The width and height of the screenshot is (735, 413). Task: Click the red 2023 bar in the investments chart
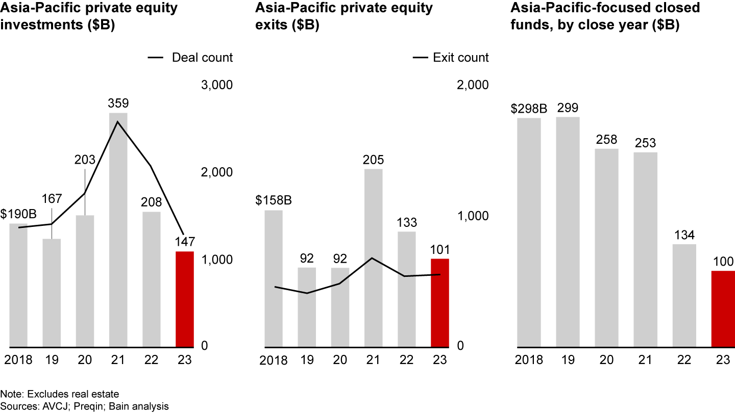pos(184,299)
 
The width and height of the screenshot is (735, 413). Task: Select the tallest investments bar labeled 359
pos(118,229)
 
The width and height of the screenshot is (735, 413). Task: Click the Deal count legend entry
pos(202,58)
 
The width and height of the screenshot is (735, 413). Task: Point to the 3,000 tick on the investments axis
pos(216,85)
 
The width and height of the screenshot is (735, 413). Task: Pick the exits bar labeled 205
pos(373,257)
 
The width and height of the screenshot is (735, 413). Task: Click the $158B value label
pos(273,200)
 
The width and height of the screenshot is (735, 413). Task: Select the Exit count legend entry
pos(460,58)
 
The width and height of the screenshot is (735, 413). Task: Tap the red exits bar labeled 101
pos(439,302)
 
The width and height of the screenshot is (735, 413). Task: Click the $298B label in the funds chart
pos(529,109)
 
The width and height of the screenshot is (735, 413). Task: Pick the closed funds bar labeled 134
pos(684,296)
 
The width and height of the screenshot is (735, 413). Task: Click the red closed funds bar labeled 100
pos(723,309)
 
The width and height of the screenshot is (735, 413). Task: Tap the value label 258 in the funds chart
pos(606,140)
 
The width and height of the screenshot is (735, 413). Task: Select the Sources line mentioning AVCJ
pos(84,406)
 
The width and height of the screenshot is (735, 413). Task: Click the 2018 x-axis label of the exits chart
pos(273,360)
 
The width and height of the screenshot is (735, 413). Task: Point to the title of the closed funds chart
pos(605,16)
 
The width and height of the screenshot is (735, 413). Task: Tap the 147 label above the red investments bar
pos(184,242)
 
